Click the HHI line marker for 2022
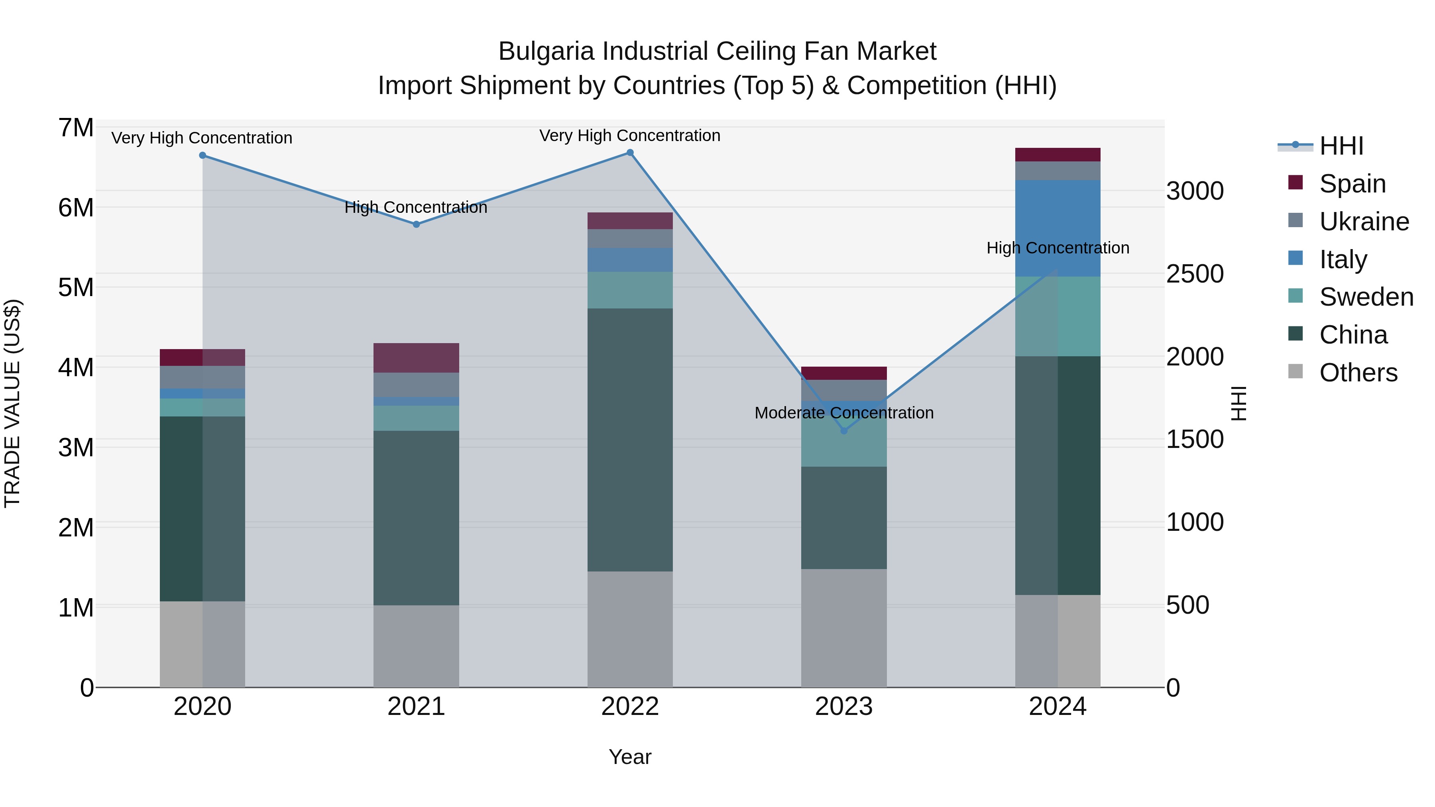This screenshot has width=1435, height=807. click(x=630, y=153)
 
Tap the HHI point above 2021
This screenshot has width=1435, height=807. click(x=416, y=224)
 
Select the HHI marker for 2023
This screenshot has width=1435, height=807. click(x=843, y=430)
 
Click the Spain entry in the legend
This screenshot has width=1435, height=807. click(x=1352, y=184)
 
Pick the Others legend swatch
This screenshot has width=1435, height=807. click(x=1296, y=371)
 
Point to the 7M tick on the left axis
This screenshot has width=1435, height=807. click(x=76, y=128)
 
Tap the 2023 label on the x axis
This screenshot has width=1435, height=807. click(x=843, y=707)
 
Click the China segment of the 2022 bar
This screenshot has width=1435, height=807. click(x=630, y=440)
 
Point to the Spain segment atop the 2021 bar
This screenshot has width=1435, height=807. click(x=416, y=357)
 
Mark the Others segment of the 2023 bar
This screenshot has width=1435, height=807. click(x=843, y=628)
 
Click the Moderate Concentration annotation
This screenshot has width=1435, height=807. click(x=843, y=413)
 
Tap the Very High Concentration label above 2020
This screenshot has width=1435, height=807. click(x=202, y=137)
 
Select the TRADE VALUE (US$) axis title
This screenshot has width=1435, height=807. click(x=12, y=403)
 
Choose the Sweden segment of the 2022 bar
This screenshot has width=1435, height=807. click(x=630, y=290)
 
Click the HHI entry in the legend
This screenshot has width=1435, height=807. click(x=1341, y=146)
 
